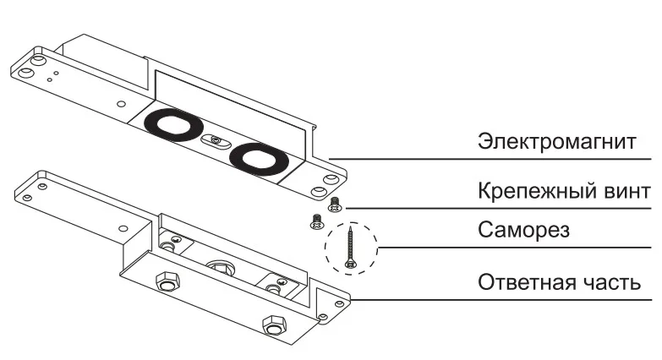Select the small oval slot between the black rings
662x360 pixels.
coord(216,141)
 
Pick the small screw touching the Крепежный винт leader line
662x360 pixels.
coord(334,203)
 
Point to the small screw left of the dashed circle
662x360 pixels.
coord(316,222)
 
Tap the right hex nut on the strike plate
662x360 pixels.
coord(272,324)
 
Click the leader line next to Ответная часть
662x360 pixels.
coord(499,299)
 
